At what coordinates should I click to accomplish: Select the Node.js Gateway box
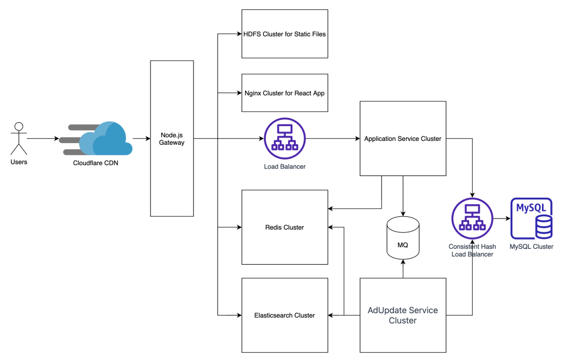pyautogui.click(x=172, y=138)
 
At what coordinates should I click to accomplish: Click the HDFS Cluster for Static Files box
pyautogui.click(x=285, y=34)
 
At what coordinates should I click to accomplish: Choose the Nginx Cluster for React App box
pyautogui.click(x=285, y=93)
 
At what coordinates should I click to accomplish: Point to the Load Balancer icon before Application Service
pyautogui.click(x=284, y=139)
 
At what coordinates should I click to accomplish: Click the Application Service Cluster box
pyautogui.click(x=403, y=139)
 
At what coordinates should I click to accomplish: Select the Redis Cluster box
pyautogui.click(x=285, y=227)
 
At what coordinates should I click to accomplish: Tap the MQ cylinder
pyautogui.click(x=403, y=239)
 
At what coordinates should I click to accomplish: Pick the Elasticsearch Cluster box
pyautogui.click(x=285, y=315)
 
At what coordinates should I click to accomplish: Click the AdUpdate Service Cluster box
pyautogui.click(x=403, y=315)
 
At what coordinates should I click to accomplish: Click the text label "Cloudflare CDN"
pyautogui.click(x=95, y=163)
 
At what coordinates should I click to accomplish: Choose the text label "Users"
pyautogui.click(x=19, y=162)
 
